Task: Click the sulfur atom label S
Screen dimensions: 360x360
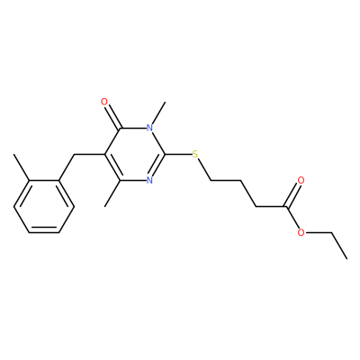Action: pyautogui.click(x=195, y=155)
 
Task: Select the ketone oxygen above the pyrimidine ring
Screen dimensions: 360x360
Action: pyautogui.click(x=104, y=102)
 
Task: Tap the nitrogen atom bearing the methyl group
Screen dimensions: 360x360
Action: pyautogui.click(x=149, y=129)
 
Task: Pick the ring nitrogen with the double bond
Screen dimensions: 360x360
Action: pyautogui.click(x=149, y=181)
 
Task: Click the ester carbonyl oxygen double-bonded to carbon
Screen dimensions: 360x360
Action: pyautogui.click(x=301, y=181)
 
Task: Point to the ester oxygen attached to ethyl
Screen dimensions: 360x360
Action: pyautogui.click(x=301, y=232)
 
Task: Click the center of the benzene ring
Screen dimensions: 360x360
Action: pyautogui.click(x=44, y=207)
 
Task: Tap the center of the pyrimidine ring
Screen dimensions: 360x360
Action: pyautogui.click(x=135, y=155)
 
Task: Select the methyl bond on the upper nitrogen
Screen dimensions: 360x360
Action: pyautogui.click(x=158, y=113)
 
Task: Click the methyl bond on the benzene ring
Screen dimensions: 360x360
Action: pyautogui.click(x=22, y=167)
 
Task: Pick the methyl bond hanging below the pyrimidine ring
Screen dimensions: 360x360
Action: pyautogui.click(x=112, y=193)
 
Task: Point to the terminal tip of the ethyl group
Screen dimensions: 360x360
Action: pyautogui.click(x=346, y=258)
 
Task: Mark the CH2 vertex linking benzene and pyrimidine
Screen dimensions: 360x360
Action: pyautogui.click(x=74, y=155)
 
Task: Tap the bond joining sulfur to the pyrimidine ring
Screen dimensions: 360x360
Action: pyautogui.click(x=179, y=155)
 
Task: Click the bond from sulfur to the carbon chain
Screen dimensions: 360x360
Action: pyautogui.click(x=204, y=169)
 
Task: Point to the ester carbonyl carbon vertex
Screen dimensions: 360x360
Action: pyautogui.click(x=286, y=207)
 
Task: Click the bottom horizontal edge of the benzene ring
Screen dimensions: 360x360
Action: pyautogui.click(x=44, y=231)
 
